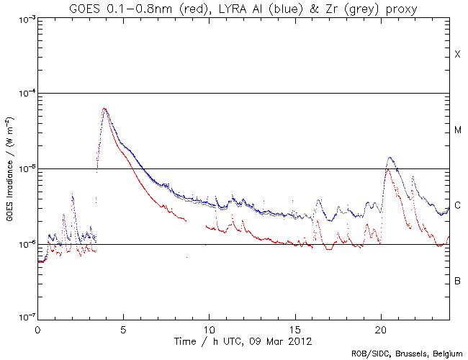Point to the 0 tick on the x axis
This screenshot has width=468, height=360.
tap(37, 328)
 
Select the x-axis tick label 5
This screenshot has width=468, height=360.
tap(123, 328)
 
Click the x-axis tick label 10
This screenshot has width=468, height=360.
tap(209, 328)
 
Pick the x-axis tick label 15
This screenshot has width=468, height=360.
tap(294, 328)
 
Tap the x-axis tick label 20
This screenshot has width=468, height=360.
tap(380, 328)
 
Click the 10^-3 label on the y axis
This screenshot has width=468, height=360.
tap(25, 19)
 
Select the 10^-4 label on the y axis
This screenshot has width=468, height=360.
tap(25, 94)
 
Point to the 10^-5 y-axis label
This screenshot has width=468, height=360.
tap(25, 169)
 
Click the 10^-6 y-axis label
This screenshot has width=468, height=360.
tap(25, 245)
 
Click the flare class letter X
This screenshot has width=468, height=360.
tap(457, 55)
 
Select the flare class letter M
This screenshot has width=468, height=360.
tap(457, 130)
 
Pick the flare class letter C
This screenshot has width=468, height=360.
tap(457, 206)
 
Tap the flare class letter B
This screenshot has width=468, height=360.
tap(457, 281)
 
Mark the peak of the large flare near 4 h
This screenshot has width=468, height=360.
tap(105, 109)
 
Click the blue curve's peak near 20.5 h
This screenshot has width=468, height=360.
tap(390, 158)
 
